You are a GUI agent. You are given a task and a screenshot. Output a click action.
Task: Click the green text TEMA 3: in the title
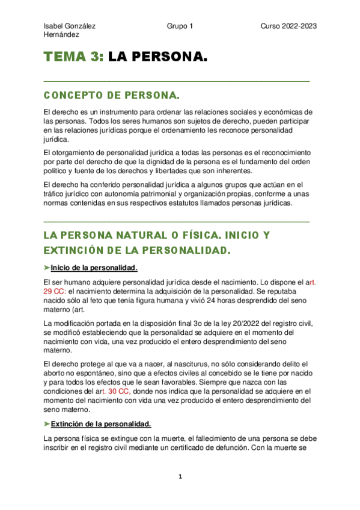(x=75, y=58)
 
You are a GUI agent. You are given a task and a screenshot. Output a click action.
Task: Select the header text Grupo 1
(x=180, y=26)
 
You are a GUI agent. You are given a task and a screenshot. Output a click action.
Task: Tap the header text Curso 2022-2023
(x=288, y=26)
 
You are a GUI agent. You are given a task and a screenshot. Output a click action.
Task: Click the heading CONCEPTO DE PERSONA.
(x=112, y=96)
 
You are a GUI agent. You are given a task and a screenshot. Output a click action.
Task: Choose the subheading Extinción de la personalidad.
(x=101, y=423)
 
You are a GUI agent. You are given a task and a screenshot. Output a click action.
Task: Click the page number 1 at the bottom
(x=180, y=476)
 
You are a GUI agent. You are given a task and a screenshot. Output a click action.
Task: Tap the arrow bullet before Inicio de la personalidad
(x=47, y=268)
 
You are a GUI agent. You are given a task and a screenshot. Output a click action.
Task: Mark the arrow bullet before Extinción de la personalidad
(x=47, y=423)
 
